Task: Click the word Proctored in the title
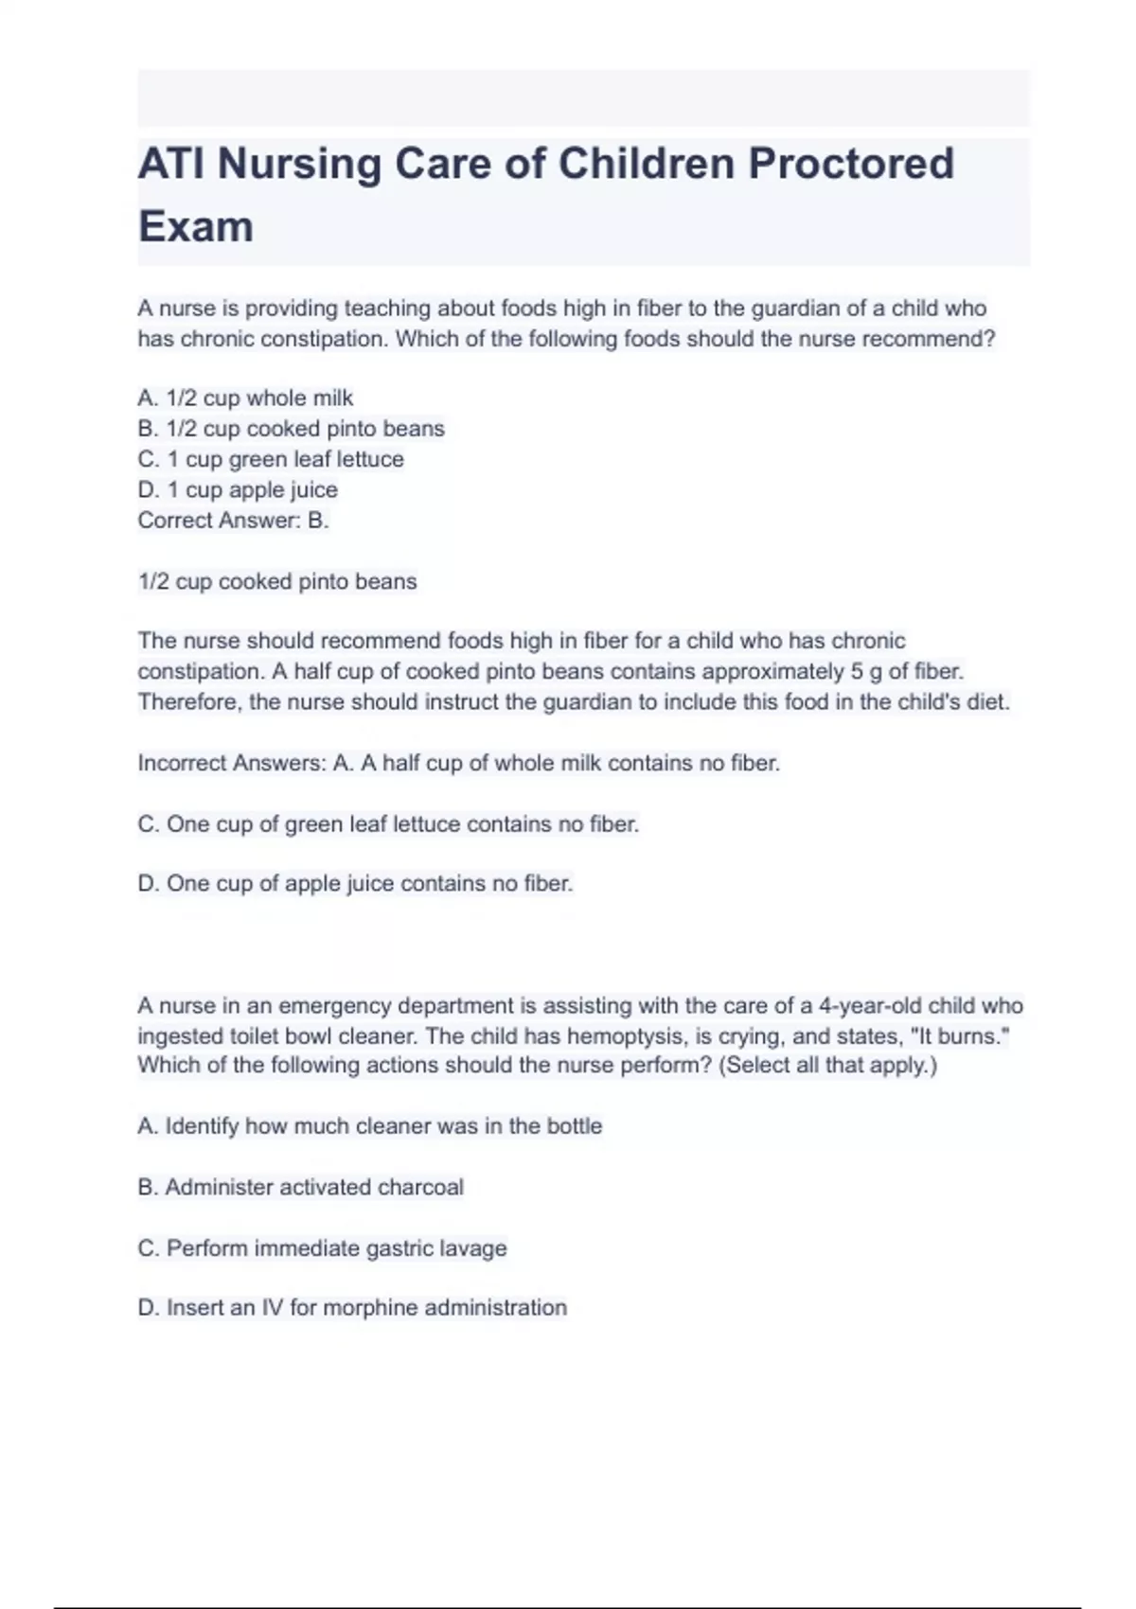[850, 164]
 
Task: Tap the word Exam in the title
[196, 227]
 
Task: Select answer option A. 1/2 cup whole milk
[245, 398]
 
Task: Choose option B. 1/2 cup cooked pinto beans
[291, 429]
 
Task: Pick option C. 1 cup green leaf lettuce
[271, 459]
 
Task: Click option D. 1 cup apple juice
[238, 490]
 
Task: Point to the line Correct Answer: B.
[233, 521]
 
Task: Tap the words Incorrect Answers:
[232, 763]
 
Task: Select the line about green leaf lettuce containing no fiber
[388, 824]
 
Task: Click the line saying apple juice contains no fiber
[355, 884]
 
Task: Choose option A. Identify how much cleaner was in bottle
[369, 1126]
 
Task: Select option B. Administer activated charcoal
[300, 1187]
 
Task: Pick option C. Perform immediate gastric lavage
[322, 1248]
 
